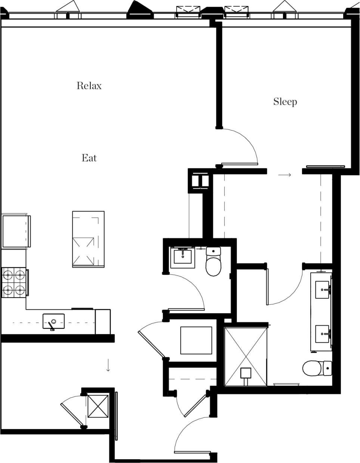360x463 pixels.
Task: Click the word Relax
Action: (x=89, y=86)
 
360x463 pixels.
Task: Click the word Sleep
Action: (x=285, y=102)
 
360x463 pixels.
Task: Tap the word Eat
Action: (x=89, y=158)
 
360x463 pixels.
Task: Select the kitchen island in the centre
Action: (x=88, y=239)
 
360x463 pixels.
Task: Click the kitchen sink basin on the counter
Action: (x=53, y=321)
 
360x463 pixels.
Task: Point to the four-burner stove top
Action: (x=14, y=282)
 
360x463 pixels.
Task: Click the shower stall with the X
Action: (x=245, y=356)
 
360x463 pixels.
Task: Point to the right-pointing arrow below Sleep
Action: (x=285, y=174)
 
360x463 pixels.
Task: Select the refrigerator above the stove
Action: (x=15, y=231)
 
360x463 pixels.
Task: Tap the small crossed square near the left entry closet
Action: (x=98, y=406)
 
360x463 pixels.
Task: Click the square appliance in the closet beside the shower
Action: (x=196, y=340)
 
